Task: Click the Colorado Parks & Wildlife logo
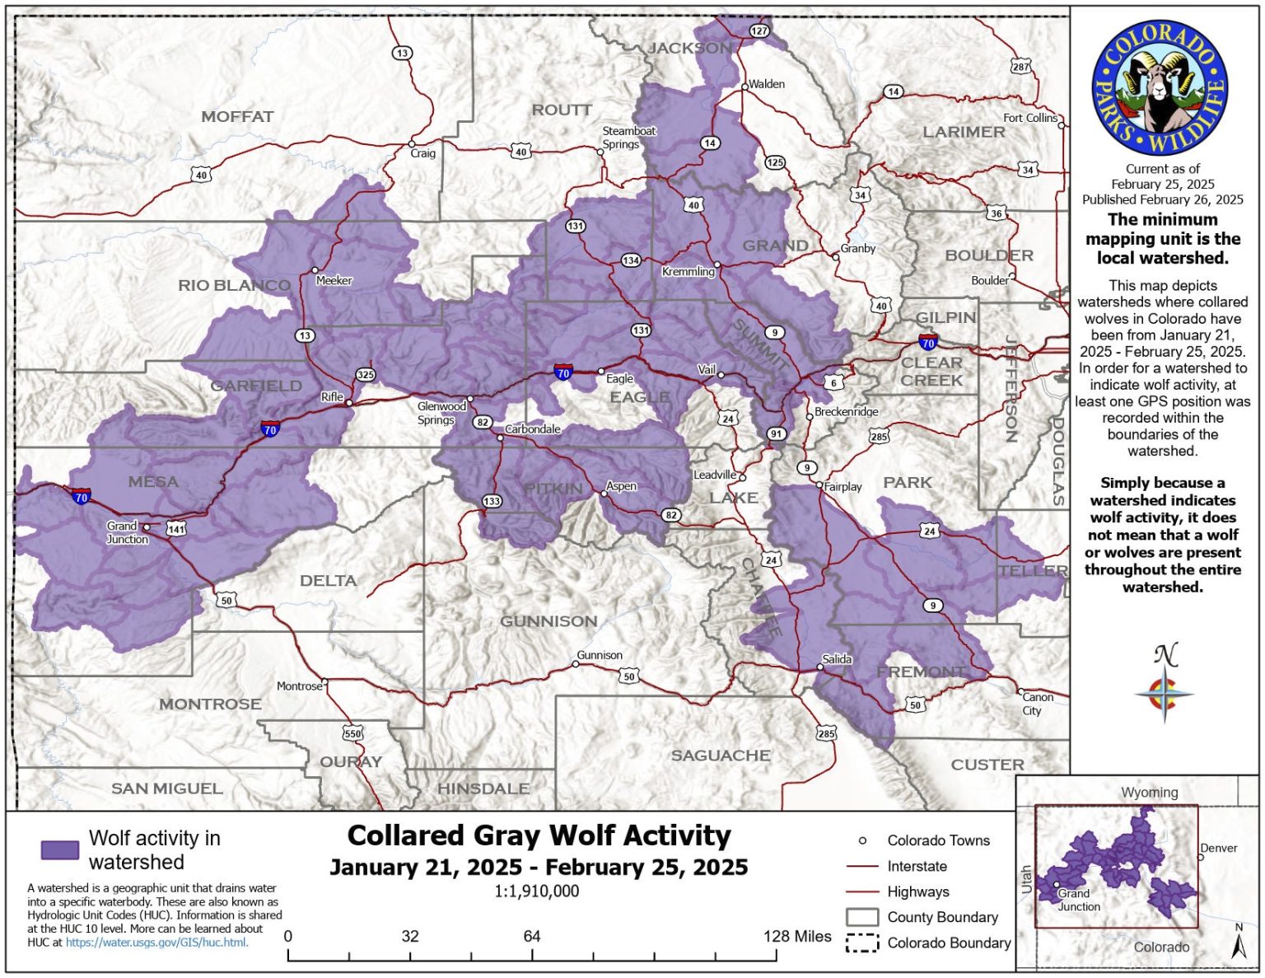pyautogui.click(x=1160, y=88)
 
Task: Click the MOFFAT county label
pyautogui.click(x=237, y=117)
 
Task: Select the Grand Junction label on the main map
pyautogui.click(x=127, y=532)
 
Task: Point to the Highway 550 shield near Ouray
pyautogui.click(x=352, y=733)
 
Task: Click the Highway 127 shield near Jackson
pyautogui.click(x=759, y=30)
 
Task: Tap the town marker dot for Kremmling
pyautogui.click(x=717, y=264)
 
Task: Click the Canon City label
pyautogui.click(x=1037, y=704)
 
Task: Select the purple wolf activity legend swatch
pyautogui.click(x=60, y=850)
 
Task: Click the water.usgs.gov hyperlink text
pyautogui.click(x=156, y=943)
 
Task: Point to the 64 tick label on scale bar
pyautogui.click(x=532, y=936)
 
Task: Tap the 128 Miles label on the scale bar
pyautogui.click(x=797, y=936)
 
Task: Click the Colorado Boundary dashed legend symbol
pyautogui.click(x=861, y=943)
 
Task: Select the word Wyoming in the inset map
pyautogui.click(x=1149, y=793)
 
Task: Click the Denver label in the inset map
pyautogui.click(x=1218, y=848)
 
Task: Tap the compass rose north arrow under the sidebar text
pyautogui.click(x=1164, y=684)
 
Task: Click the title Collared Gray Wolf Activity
pyautogui.click(x=539, y=835)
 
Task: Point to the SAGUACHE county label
pyautogui.click(x=721, y=756)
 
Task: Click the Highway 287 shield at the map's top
pyautogui.click(x=1020, y=67)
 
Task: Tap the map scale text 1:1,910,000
pyautogui.click(x=537, y=891)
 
